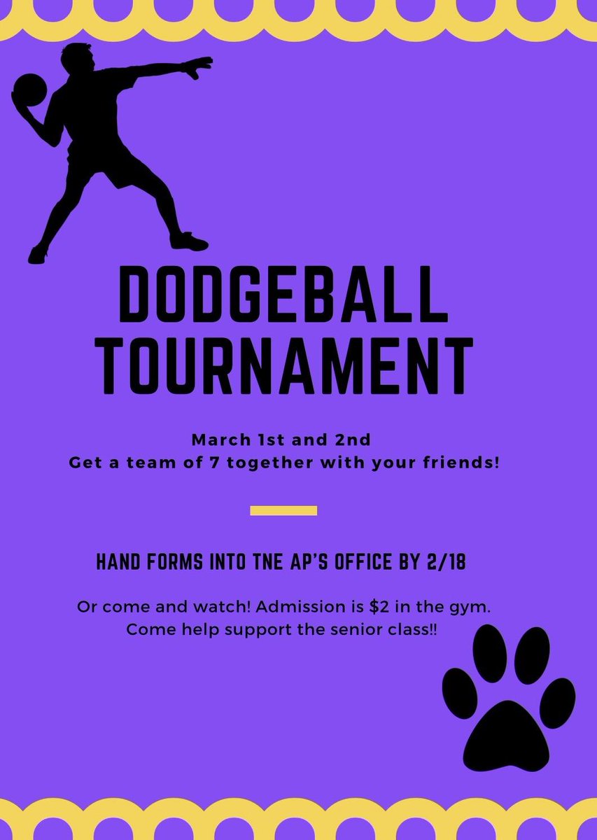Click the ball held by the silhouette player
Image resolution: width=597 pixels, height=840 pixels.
point(29,90)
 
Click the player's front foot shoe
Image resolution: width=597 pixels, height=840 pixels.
point(189,242)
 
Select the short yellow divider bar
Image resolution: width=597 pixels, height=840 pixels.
point(283,510)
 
